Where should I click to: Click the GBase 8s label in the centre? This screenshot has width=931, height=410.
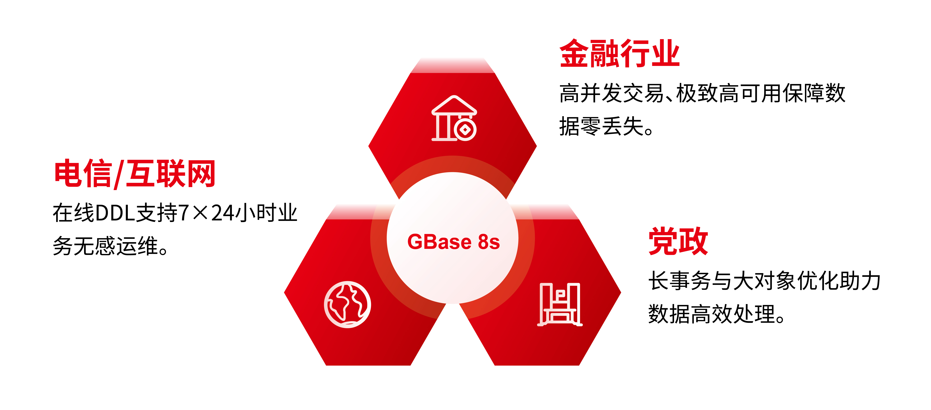pyautogui.click(x=454, y=242)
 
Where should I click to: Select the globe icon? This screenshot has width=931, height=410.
pyautogui.click(x=347, y=304)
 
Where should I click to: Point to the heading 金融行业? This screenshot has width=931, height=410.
pyautogui.click(x=619, y=54)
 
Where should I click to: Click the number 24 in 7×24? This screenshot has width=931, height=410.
pyautogui.click(x=222, y=213)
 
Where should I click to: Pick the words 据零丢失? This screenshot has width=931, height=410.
pyautogui.click(x=601, y=126)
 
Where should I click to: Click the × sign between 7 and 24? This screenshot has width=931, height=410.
pyautogui.click(x=200, y=213)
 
